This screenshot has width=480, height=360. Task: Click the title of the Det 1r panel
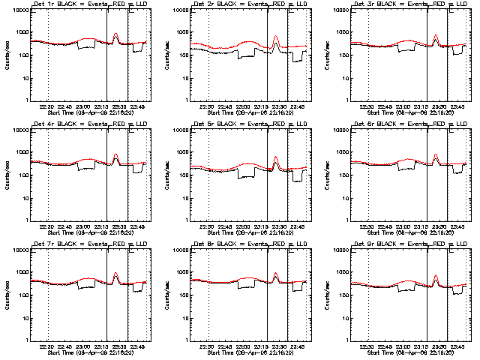click(x=84, y=5)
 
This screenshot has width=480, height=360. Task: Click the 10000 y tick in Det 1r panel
click(x=17, y=10)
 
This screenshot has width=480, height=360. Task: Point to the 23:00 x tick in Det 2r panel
click(x=244, y=106)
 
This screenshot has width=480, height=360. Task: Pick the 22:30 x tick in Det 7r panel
click(x=47, y=346)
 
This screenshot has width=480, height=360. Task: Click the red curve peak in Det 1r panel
click(x=115, y=34)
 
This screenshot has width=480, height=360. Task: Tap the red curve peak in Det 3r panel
click(x=436, y=34)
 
